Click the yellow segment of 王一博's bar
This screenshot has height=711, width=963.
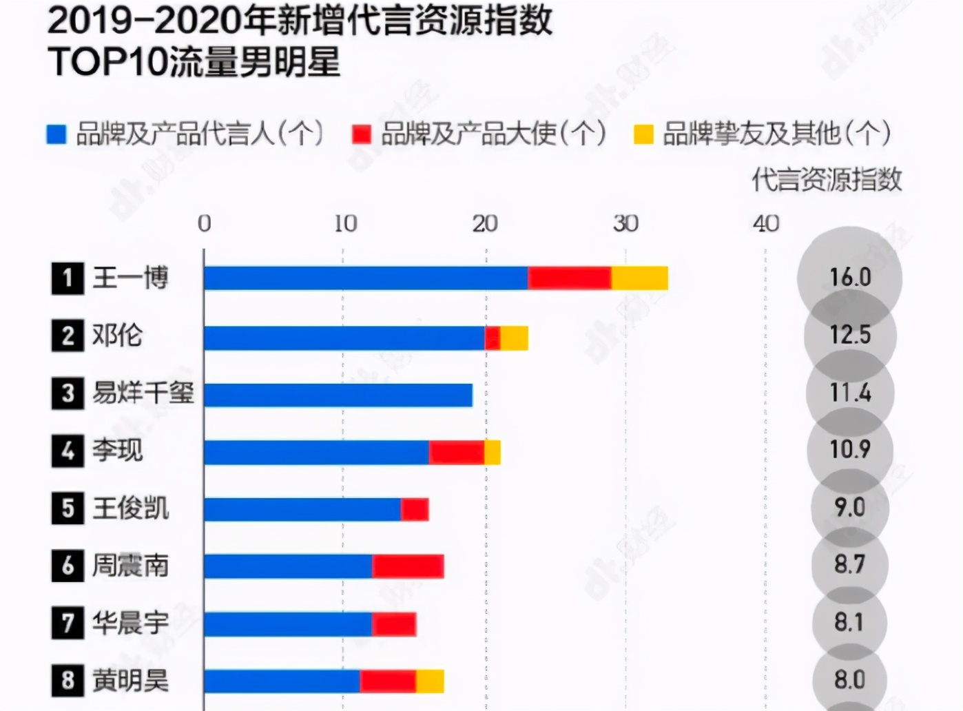tap(639, 278)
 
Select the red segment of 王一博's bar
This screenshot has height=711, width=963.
tap(570, 278)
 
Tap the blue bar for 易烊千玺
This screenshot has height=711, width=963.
tap(338, 395)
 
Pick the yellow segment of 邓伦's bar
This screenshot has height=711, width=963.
tap(514, 338)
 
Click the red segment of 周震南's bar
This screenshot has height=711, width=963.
tap(408, 566)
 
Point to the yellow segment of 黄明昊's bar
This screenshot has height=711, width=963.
tap(430, 681)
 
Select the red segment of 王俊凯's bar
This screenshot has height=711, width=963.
tap(415, 509)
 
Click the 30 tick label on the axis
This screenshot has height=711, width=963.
tap(625, 223)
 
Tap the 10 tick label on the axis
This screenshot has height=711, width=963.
tap(345, 223)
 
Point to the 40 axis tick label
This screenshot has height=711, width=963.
tap(765, 223)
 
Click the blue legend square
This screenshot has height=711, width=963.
tap(56, 134)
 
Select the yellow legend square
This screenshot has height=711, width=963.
tap(643, 134)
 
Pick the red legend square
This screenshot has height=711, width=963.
tap(361, 134)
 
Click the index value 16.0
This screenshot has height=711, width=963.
tap(850, 278)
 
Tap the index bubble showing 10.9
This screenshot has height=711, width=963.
tap(850, 450)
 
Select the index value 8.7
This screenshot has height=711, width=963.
tap(849, 565)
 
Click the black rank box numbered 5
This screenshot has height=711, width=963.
tap(68, 508)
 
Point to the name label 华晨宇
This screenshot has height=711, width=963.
tap(131, 624)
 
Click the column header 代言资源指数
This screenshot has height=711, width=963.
tap(827, 179)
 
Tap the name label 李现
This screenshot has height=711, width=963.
tap(118, 451)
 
